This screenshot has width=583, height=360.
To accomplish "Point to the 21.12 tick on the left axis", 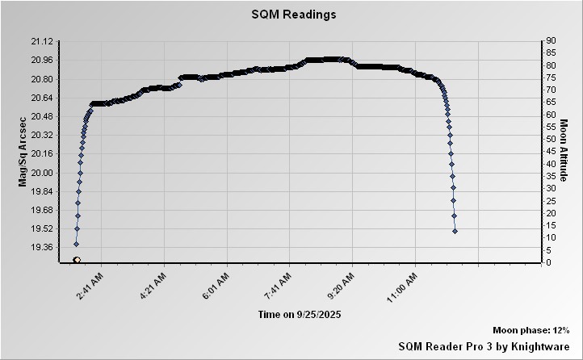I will click(41, 41).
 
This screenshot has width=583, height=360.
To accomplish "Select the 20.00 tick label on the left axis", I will click(41, 173).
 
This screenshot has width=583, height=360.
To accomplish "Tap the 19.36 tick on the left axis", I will click(41, 247).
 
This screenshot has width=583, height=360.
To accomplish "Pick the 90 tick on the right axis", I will click(550, 41).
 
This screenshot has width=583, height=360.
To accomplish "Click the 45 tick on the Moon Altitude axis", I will click(550, 151).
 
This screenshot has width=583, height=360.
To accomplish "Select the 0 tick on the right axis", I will click(547, 262).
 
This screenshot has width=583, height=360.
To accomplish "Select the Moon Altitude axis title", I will click(564, 152).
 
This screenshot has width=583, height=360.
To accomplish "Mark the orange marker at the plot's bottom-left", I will click(76, 260).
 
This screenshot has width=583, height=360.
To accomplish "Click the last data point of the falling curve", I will click(455, 231).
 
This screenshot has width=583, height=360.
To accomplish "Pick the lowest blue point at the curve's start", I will click(76, 244).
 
